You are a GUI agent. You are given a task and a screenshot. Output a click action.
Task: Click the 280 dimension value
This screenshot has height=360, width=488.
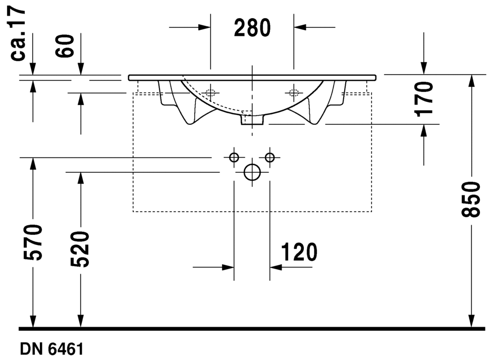[252, 28]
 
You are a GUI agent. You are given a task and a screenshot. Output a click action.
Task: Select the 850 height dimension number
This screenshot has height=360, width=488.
[470, 199]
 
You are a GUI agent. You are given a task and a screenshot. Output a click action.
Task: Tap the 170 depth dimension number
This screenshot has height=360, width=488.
[424, 99]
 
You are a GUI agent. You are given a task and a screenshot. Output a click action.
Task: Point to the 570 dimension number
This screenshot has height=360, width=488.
[33, 242]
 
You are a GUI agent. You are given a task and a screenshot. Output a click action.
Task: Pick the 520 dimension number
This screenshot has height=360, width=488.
[80, 249]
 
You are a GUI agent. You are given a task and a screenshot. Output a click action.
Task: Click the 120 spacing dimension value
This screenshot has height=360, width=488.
[299, 252]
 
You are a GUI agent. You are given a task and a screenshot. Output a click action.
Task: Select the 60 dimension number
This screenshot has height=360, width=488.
[65, 46]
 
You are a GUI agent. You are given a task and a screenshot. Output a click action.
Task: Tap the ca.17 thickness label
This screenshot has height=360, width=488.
[18, 33]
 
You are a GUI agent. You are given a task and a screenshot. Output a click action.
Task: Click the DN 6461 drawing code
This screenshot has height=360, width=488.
[52, 349]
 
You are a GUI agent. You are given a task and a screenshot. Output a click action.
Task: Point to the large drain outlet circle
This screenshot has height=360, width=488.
[252, 172]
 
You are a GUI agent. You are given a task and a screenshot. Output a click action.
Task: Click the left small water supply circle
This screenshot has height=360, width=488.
[234, 158]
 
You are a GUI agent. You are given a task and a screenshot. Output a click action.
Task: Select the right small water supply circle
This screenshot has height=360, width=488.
[270, 158]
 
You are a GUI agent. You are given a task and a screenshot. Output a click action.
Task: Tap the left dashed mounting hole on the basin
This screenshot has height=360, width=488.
[210, 92]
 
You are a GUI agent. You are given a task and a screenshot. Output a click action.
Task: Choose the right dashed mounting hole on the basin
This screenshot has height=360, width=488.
[294, 92]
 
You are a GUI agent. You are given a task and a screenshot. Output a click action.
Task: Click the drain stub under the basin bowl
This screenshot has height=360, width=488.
[252, 120]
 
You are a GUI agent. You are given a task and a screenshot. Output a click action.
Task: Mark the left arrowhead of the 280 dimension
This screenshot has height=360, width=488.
[204, 27]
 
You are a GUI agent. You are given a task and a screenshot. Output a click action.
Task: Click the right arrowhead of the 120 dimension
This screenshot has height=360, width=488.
[276, 267]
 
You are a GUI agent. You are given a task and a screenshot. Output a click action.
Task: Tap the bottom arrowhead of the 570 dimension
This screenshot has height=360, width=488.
[33, 321]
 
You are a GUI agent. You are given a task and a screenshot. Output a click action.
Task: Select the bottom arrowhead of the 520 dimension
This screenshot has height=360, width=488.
[80, 321]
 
